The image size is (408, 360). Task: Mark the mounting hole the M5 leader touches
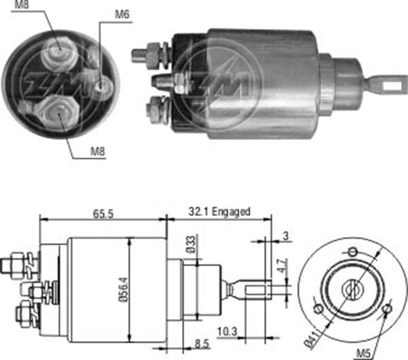386,310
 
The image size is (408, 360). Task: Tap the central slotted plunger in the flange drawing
352,290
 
